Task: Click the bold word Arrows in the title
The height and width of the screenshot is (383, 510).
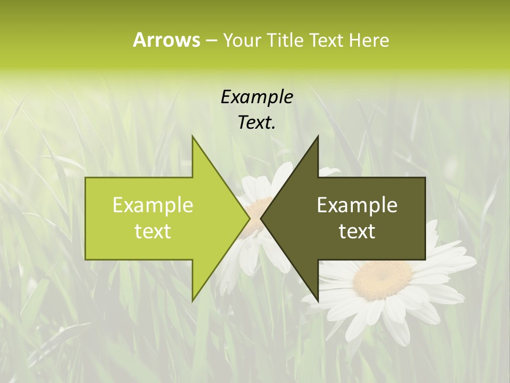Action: (x=166, y=40)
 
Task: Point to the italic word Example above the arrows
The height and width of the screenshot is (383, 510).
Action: (x=257, y=97)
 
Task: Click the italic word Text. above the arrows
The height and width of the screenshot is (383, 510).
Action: (x=257, y=122)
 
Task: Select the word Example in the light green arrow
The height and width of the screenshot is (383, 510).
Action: (x=153, y=205)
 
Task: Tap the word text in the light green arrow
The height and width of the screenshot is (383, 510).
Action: (x=153, y=231)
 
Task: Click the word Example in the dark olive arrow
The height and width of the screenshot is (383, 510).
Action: (x=357, y=205)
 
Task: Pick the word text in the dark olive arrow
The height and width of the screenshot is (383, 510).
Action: (x=357, y=231)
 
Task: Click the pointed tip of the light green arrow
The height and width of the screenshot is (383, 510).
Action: (x=249, y=218)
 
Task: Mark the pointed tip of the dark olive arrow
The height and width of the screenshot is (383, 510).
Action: (x=261, y=218)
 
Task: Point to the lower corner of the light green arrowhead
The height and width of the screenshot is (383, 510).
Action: (x=192, y=301)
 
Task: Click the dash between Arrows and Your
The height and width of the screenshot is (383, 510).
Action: (x=211, y=41)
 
